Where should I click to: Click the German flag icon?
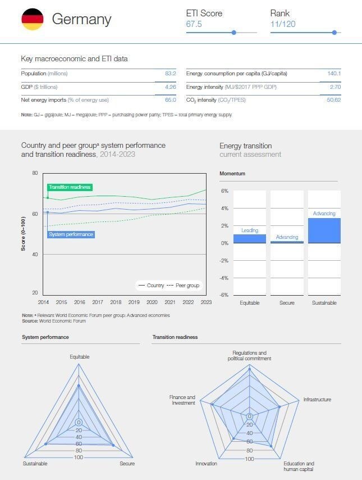click(32, 19)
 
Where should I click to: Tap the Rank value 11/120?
click(283, 24)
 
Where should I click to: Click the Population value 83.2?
click(170, 74)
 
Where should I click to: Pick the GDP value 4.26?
click(170, 87)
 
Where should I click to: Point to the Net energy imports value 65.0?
click(170, 100)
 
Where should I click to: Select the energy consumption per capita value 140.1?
click(334, 74)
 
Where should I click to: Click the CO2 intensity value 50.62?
click(333, 100)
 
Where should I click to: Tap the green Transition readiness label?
click(70, 187)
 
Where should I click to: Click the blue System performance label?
click(71, 234)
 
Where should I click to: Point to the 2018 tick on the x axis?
click(116, 302)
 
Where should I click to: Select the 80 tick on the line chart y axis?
click(35, 173)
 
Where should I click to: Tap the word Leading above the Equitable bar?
click(250, 230)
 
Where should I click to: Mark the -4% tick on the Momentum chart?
click(224, 278)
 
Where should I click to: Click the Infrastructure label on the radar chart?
click(317, 400)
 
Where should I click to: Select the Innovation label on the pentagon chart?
click(206, 464)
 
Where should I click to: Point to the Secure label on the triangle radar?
click(127, 464)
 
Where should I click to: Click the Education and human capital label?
click(299, 467)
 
